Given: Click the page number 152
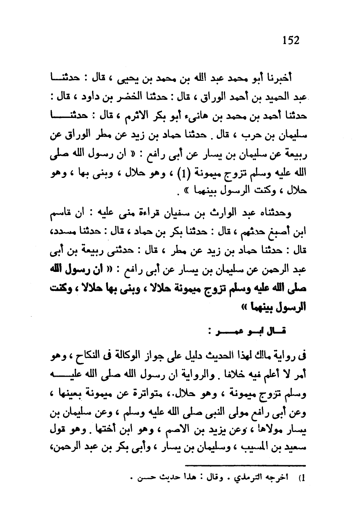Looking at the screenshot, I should click(x=291, y=40).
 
